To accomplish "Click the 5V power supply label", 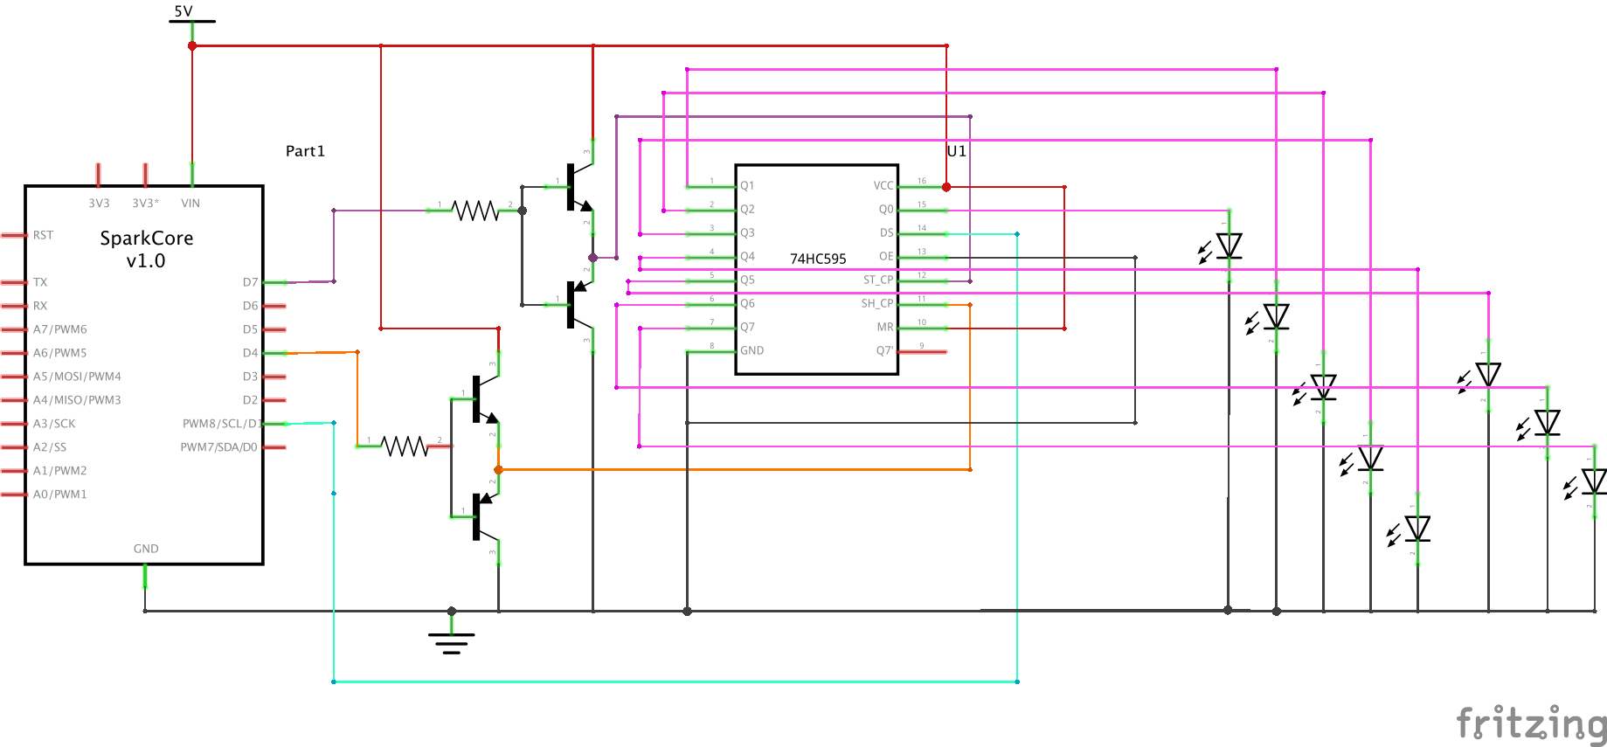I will point(184,11).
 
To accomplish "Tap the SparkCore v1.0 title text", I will point(146,249).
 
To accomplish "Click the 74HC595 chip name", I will point(818,259).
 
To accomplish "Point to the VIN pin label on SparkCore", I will point(190,204).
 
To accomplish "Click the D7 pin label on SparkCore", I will point(250,282).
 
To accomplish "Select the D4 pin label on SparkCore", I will point(250,353).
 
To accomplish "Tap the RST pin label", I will point(43,235).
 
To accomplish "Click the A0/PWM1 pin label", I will point(59,495).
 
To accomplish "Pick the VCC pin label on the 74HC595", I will point(883,185).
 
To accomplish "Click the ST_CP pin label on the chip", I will point(877,280).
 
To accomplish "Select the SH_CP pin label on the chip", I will point(876,303).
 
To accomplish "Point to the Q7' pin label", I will point(884,350).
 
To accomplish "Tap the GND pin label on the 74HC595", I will point(752,350).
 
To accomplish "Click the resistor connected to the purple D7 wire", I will point(474,211).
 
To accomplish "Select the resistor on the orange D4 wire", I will point(405,446).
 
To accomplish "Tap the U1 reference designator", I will point(956,151).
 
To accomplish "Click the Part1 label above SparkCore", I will point(305,151).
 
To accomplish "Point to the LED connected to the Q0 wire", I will point(1229,246).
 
